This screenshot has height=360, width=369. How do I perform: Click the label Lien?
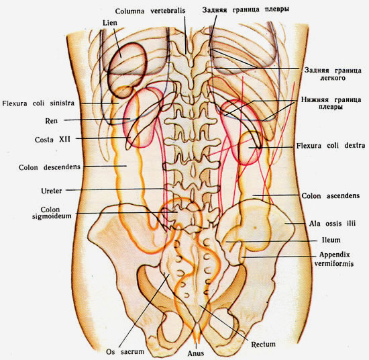click(109, 23)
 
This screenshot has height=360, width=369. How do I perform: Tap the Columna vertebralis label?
click(150, 11)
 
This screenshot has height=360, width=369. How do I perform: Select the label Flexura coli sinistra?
click(38, 103)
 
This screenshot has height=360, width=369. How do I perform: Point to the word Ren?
click(51, 121)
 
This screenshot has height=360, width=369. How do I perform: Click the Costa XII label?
click(52, 140)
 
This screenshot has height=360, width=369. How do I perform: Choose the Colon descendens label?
click(50, 167)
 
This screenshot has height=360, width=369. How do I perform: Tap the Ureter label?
click(51, 191)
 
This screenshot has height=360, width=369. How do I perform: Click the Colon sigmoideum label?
click(52, 213)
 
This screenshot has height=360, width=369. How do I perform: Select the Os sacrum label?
click(125, 352)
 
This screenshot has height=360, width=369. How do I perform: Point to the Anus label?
click(195, 353)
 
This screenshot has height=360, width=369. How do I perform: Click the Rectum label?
click(263, 345)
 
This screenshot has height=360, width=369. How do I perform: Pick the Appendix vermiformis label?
click(334, 259)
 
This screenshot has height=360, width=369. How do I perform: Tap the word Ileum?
click(331, 240)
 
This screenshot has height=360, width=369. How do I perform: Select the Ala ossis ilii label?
click(332, 224)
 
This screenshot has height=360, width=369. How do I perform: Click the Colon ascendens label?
click(331, 196)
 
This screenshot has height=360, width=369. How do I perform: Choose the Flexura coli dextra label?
click(331, 146)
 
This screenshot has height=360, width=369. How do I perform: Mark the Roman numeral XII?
click(64, 139)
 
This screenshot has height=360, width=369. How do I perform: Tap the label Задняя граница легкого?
click(333, 74)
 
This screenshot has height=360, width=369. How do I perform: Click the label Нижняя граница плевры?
click(331, 103)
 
